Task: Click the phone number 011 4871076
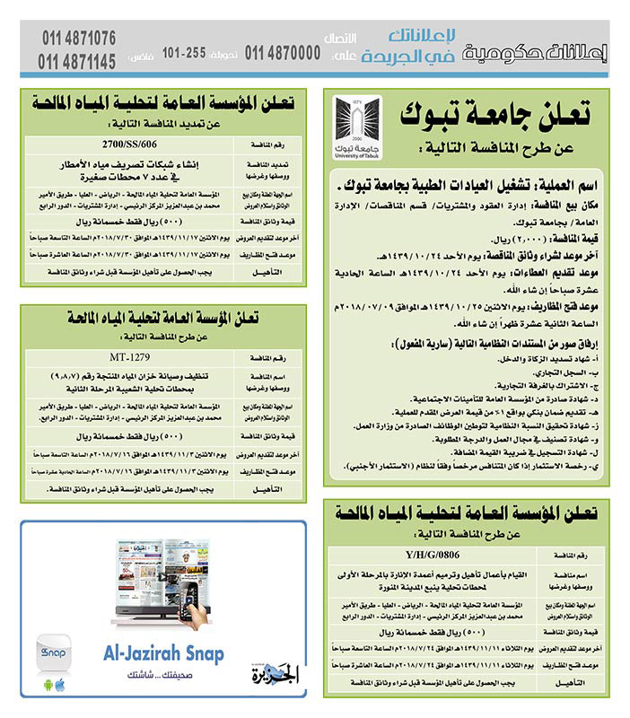[78, 39]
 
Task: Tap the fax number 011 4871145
[78, 61]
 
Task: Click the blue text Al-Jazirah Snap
[157, 654]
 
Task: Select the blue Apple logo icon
[60, 686]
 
